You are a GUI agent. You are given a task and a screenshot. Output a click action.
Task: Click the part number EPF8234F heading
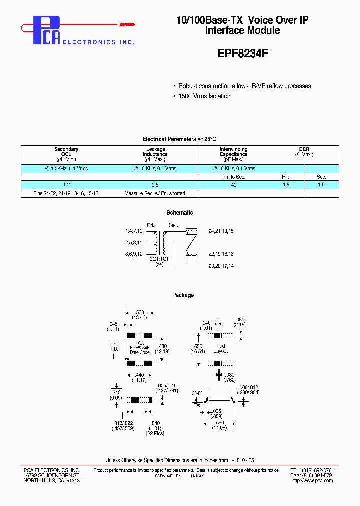tap(243, 54)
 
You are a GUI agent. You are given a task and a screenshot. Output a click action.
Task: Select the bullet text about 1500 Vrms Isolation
tap(204, 96)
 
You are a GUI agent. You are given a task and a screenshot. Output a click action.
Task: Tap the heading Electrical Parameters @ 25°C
tap(179, 139)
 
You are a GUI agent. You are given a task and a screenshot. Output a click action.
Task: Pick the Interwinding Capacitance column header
tap(233, 154)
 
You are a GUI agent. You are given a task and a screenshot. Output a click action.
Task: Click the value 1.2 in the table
tap(66, 185)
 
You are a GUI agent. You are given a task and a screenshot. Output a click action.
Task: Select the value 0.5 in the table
tap(155, 185)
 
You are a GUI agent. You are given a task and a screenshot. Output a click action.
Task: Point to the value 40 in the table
tap(233, 185)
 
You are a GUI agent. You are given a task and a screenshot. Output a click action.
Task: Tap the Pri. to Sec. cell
tap(233, 177)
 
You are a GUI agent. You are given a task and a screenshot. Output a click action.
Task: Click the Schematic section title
tap(179, 213)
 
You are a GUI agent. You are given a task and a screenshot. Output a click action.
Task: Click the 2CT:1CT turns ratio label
tap(159, 259)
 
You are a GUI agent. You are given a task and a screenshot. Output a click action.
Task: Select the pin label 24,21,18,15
tap(221, 231)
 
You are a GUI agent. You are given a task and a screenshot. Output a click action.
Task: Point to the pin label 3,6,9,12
tap(133, 254)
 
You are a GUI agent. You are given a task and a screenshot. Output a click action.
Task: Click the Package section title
tap(183, 295)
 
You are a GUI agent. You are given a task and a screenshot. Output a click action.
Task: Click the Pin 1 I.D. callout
tap(115, 347)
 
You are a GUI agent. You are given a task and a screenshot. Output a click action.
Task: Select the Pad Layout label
tap(220, 348)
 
